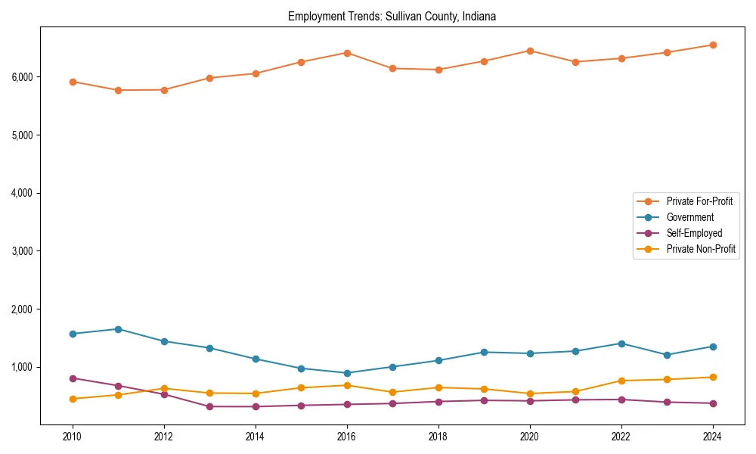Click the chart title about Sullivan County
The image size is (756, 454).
click(392, 16)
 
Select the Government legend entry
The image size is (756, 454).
click(689, 217)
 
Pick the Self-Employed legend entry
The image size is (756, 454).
click(694, 233)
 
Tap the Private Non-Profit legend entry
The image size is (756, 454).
click(701, 249)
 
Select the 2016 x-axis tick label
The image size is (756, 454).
click(346, 437)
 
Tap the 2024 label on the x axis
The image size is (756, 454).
click(712, 437)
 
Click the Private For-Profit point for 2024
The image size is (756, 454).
click(712, 45)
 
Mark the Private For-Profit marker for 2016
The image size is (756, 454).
click(346, 53)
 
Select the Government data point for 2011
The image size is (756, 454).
click(118, 329)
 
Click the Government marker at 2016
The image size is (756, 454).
click(346, 373)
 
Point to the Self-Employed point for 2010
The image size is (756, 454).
click(73, 378)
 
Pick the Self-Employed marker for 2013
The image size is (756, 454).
click(209, 406)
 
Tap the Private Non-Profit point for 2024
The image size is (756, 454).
click(712, 377)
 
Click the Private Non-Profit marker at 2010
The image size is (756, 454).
click(73, 399)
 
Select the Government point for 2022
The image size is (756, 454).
click(621, 344)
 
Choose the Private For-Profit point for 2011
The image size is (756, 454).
click(118, 90)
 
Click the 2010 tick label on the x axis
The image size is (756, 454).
click(73, 437)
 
